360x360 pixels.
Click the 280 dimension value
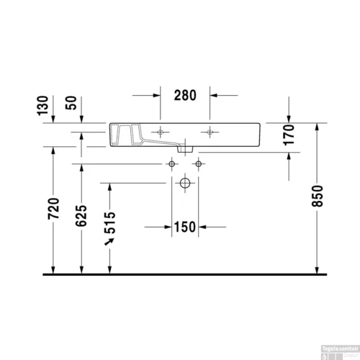184,95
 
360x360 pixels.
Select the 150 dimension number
184,228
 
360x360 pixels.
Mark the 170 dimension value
289,135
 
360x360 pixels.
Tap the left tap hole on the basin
161,131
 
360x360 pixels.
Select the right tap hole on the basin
210,131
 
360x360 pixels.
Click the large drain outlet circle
185,184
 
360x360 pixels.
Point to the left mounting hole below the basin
172,164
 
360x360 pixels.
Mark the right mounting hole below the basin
198,164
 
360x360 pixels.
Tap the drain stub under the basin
186,150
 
